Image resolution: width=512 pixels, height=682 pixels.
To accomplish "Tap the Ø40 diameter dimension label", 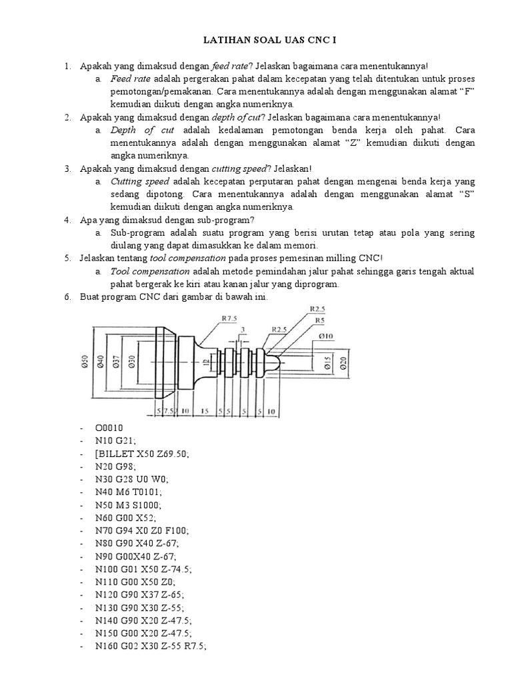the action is coord(101,362).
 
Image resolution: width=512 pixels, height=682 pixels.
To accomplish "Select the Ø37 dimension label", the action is coord(116,362).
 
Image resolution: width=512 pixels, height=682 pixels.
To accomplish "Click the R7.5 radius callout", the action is coord(229,318).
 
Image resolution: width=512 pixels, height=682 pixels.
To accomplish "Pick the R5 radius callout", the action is coord(320,320).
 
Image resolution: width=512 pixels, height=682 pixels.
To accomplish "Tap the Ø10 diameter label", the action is coord(325,336).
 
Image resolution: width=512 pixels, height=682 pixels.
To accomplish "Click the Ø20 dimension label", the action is coord(343,362).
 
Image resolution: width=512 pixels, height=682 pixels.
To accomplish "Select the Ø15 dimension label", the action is coord(329,362).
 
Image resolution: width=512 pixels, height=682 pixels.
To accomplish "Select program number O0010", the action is coord(109,428).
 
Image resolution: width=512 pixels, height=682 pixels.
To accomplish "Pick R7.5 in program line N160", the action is coord(194,646).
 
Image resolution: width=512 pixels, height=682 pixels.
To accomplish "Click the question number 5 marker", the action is coord(68,258).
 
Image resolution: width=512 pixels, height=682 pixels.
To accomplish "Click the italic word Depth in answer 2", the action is coord(123,131).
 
